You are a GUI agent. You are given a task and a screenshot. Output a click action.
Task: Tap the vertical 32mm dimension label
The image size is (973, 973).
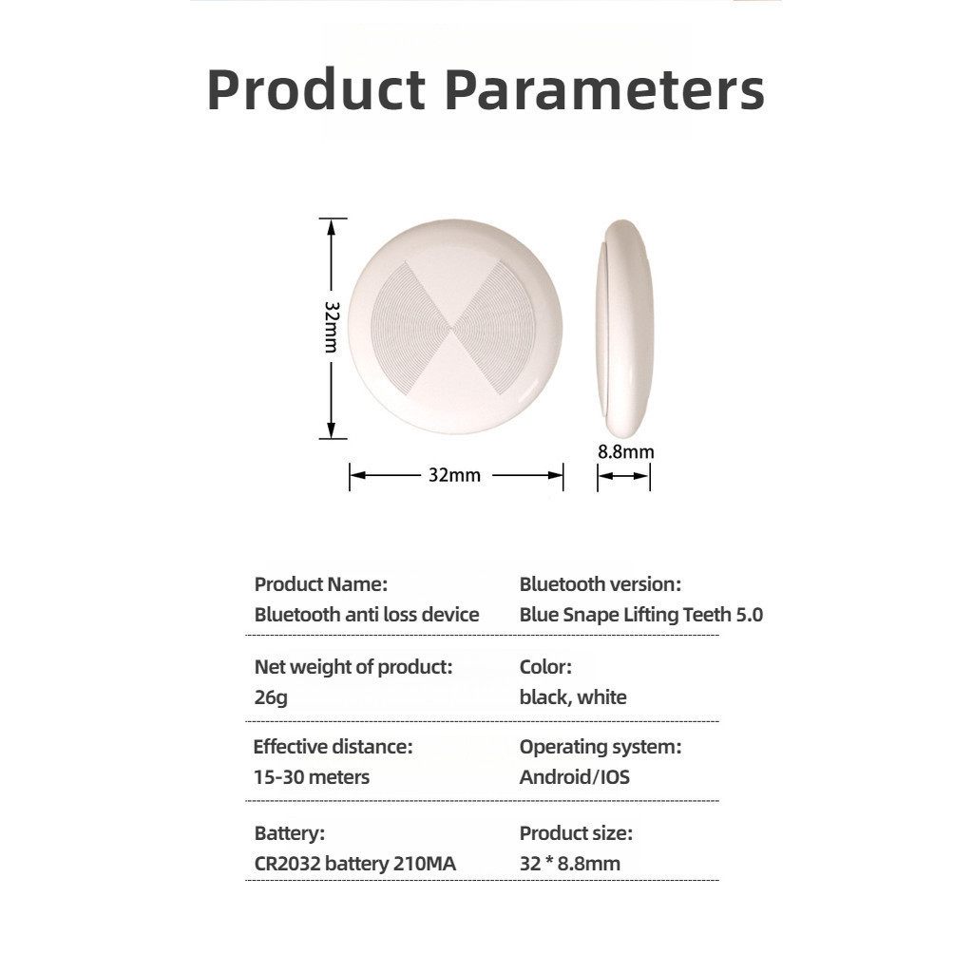332,327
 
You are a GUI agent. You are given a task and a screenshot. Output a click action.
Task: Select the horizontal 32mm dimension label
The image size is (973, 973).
454,475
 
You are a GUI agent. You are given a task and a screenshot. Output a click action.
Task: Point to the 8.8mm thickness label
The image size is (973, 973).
625,451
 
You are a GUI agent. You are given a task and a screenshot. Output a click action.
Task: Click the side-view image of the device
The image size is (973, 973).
624,328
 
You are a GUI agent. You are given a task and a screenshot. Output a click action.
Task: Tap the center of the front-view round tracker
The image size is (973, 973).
455,327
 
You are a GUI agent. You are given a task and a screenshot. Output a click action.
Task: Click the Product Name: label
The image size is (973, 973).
321,584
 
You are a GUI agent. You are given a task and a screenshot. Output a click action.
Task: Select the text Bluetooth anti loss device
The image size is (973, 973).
367,615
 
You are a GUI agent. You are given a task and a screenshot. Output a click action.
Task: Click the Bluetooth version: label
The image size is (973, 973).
601,584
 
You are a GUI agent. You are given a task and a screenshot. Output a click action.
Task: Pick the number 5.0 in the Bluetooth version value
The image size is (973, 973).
749,615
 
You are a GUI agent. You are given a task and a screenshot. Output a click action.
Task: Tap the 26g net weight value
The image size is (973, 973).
271,697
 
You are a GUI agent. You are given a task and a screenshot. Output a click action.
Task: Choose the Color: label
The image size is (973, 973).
545,666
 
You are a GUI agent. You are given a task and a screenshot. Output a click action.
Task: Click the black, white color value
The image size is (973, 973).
573,696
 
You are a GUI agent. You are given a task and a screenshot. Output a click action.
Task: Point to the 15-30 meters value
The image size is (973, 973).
312,777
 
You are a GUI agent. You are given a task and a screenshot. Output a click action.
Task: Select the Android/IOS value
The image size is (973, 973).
575,777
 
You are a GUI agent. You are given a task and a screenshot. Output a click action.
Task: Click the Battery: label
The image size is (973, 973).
289,832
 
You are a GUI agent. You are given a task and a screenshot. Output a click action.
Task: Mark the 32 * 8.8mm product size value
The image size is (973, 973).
570,863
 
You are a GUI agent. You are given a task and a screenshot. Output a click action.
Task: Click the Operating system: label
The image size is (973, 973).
601,747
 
